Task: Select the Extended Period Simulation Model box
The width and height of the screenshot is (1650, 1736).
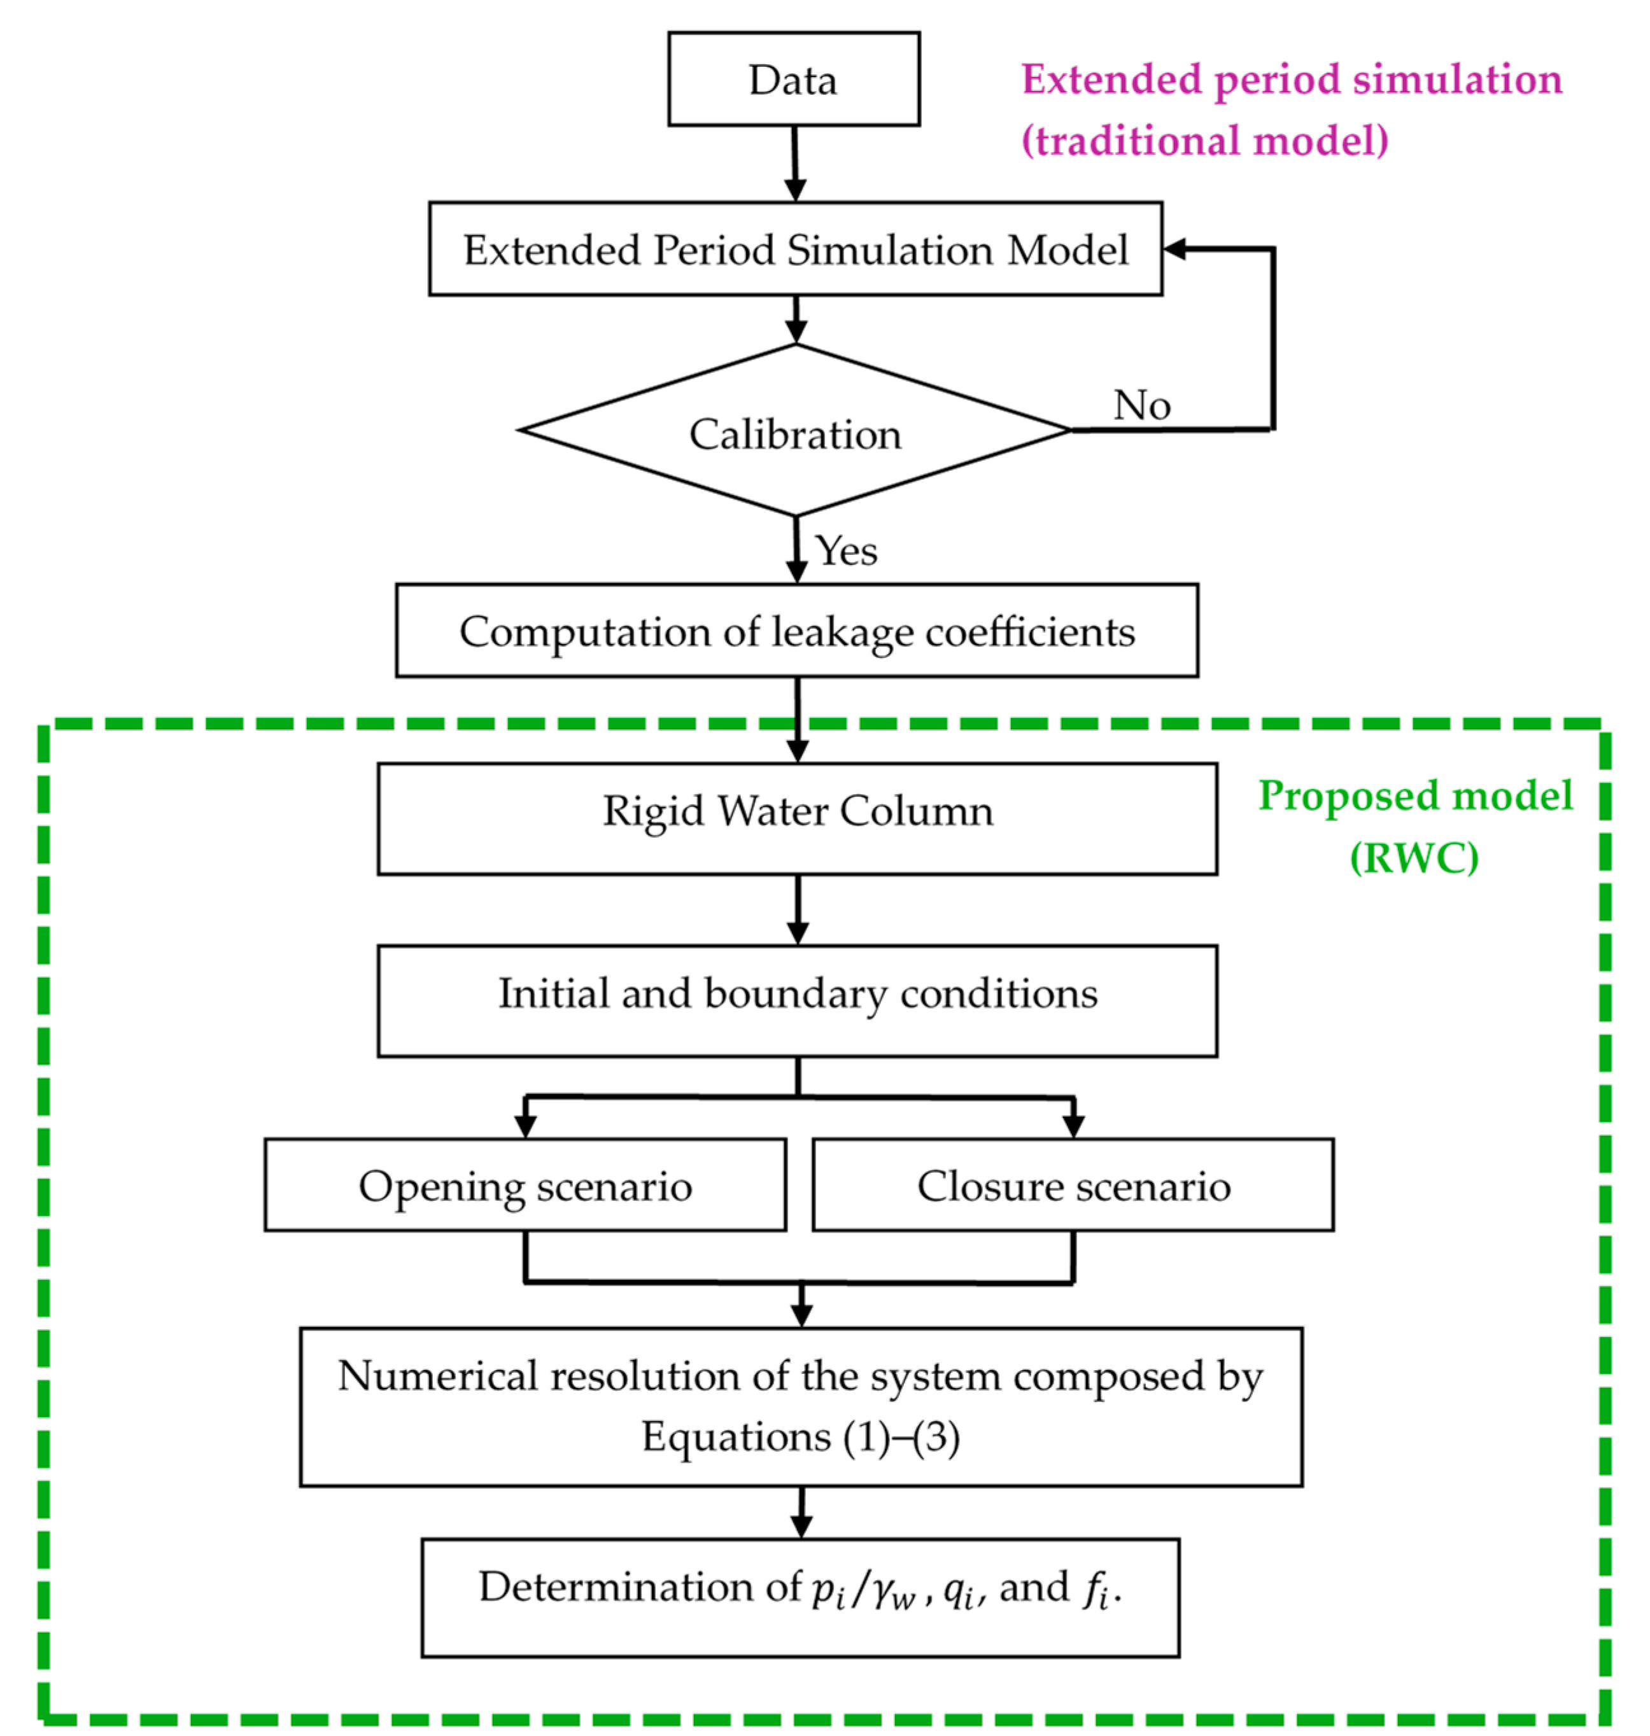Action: (795, 249)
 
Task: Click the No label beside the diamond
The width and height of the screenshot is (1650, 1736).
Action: (1141, 405)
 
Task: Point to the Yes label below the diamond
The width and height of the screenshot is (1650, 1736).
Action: (846, 551)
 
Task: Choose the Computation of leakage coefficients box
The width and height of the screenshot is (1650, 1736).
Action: (797, 631)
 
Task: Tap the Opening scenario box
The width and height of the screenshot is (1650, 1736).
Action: (525, 1186)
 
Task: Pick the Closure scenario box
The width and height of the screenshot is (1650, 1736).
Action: (1073, 1186)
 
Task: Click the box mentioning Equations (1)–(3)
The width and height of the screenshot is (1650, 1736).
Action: (800, 1406)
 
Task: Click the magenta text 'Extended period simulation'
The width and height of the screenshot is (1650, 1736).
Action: (1291, 79)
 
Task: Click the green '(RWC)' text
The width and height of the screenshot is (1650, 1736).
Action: (1414, 857)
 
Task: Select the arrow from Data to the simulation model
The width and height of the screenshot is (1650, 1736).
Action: (795, 163)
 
